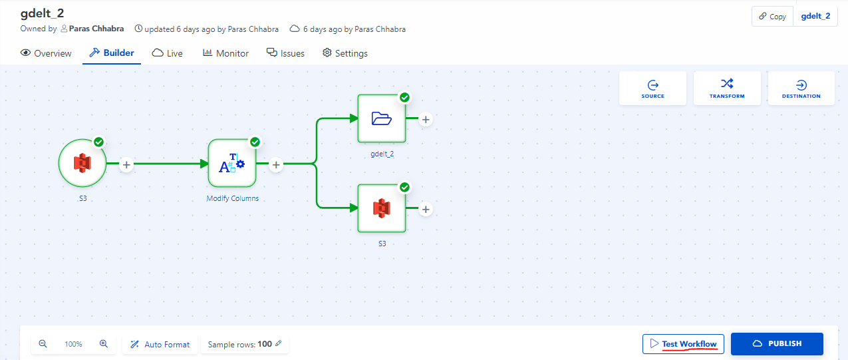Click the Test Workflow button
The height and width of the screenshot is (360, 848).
click(682, 344)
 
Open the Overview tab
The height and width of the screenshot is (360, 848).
click(46, 53)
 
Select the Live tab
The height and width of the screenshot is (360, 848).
click(168, 53)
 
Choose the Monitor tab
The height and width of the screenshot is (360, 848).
click(225, 53)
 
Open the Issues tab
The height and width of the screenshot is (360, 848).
click(285, 53)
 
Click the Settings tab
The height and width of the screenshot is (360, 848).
click(345, 53)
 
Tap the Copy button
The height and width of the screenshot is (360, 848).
click(772, 17)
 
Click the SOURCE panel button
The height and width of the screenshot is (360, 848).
click(652, 89)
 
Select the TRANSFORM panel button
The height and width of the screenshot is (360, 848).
click(727, 89)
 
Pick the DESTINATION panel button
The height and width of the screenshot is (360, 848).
click(801, 89)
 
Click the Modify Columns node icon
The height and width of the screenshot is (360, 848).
click(232, 164)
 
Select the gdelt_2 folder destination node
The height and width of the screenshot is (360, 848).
click(382, 118)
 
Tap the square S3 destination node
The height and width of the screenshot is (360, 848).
click(382, 208)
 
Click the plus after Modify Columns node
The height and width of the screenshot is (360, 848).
click(276, 164)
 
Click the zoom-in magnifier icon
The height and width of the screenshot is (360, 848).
click(104, 344)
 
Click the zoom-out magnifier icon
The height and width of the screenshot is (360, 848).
click(43, 344)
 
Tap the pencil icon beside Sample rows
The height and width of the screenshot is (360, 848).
click(279, 344)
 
